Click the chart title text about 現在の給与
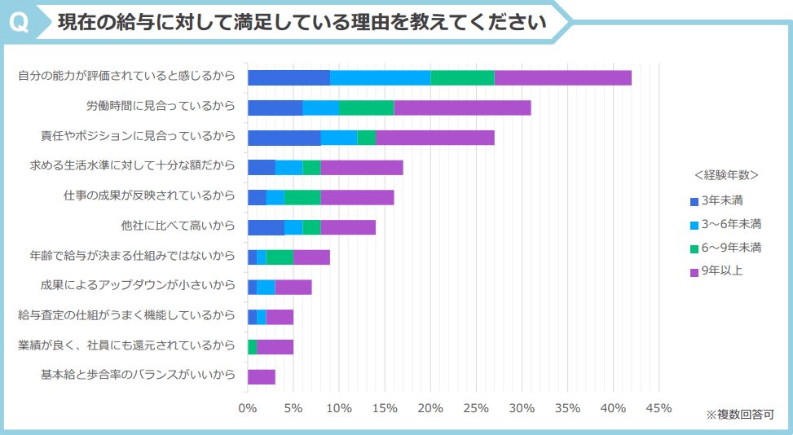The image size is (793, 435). click(302, 23)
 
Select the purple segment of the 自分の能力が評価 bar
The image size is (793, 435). click(562, 77)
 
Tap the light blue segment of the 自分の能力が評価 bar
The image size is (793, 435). click(380, 77)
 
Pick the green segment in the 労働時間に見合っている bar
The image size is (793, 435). click(366, 108)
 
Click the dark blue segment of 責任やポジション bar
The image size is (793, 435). click(284, 138)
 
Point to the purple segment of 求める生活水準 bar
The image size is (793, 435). click(362, 167)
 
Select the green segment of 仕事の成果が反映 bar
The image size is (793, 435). click(302, 197)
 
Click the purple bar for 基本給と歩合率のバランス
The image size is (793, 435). click(261, 376)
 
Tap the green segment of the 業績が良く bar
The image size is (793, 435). click(252, 346)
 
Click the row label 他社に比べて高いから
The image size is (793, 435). click(178, 226)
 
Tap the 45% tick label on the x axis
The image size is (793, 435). click(659, 408)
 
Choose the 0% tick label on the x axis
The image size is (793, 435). click(248, 408)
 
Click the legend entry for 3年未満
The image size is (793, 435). click(720, 200)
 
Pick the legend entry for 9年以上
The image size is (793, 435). click(720, 270)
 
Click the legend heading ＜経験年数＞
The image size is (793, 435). click(726, 174)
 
